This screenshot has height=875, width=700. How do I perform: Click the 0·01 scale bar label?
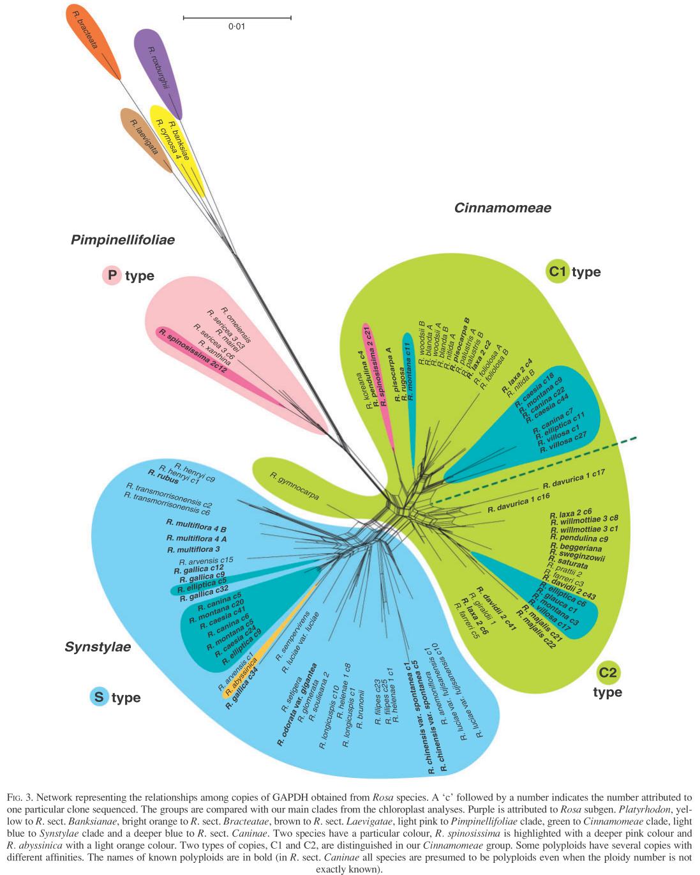coord(236,27)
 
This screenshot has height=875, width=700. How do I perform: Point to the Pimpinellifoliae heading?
coord(123,240)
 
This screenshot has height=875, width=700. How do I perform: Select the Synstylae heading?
coord(98,647)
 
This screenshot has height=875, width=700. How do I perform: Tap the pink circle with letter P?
coord(112,276)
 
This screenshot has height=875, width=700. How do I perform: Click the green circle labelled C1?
coord(558,272)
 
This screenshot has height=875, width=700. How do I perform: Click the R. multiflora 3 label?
coord(193,549)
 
